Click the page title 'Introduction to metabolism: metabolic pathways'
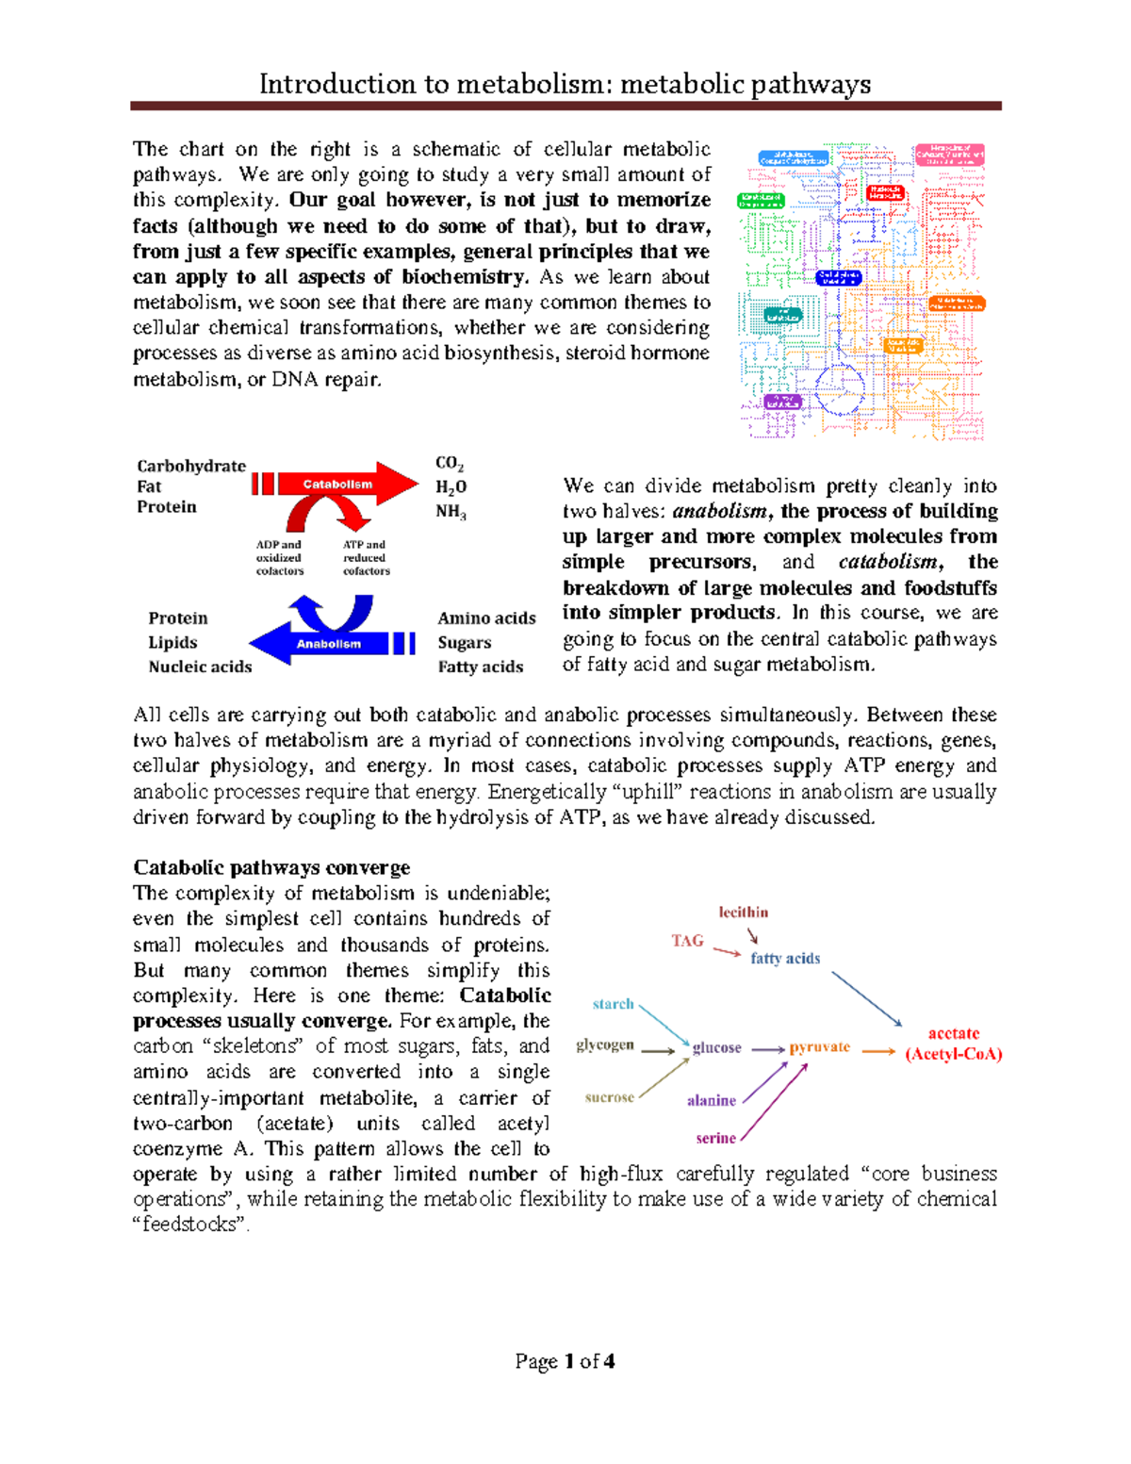565,85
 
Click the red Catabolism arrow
339,485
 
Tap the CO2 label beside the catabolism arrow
450,463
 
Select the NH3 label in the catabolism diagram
451,512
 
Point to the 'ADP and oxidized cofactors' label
280,558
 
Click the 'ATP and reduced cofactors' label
366,558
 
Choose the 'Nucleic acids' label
200,666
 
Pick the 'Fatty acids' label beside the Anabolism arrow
480,666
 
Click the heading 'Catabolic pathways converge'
271,867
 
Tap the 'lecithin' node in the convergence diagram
744,913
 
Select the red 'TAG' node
687,941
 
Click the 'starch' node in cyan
613,1004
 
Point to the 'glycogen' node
605,1045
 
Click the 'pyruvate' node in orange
820,1047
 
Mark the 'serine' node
715,1138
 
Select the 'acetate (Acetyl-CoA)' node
954,1045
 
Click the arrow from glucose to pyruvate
767,1049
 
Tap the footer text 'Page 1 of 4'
565,1361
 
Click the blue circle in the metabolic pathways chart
839,390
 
